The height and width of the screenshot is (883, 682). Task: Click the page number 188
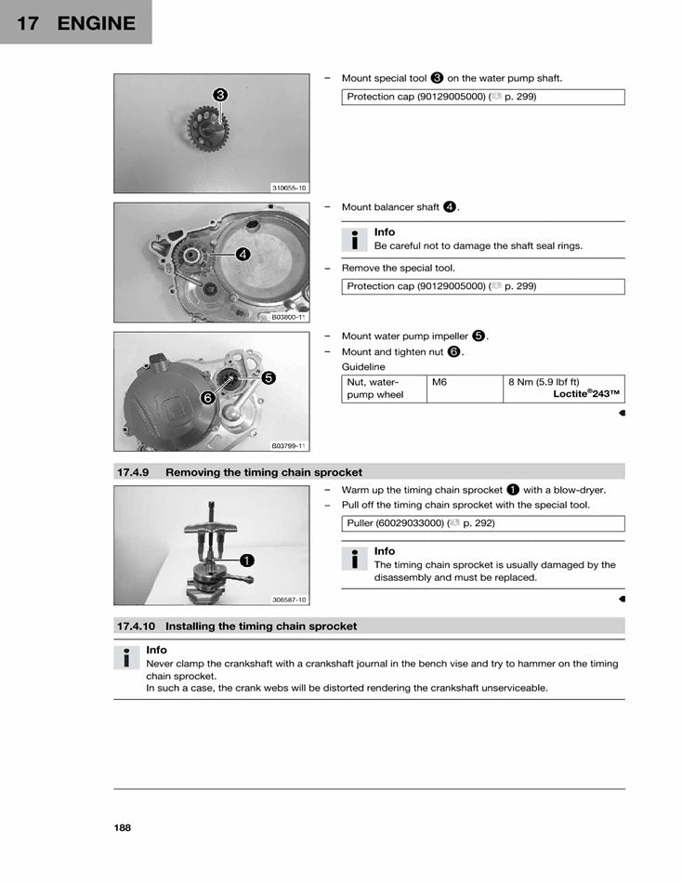click(123, 827)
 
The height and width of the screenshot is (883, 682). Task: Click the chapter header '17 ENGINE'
click(75, 23)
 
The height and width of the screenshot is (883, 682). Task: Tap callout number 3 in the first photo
click(220, 95)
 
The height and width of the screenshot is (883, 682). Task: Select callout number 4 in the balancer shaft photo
click(242, 253)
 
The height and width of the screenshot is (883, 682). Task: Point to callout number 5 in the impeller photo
click(268, 377)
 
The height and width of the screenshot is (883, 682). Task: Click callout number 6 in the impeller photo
click(207, 397)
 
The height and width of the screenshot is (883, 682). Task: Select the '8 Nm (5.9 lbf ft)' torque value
click(544, 382)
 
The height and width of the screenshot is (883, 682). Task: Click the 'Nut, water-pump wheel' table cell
click(374, 389)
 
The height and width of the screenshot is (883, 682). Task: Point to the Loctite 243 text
click(585, 394)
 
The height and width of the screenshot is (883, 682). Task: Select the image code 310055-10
click(289, 187)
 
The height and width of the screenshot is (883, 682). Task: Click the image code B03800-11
click(289, 317)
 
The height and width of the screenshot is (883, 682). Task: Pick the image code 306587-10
click(289, 600)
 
